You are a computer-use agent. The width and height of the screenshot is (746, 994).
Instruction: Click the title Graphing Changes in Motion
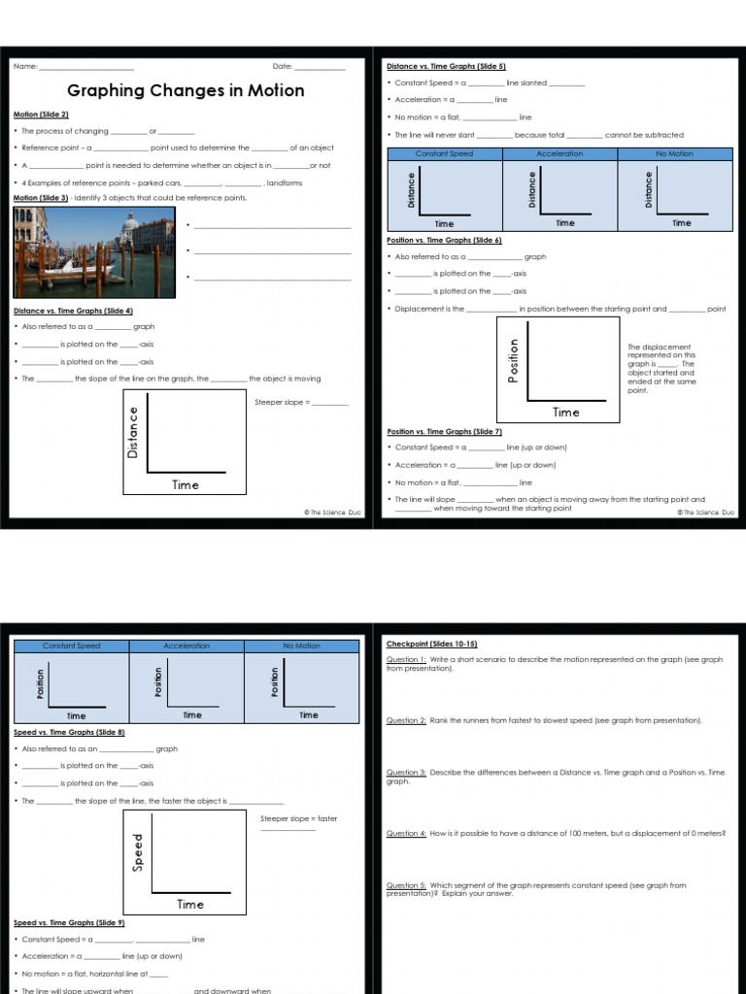tap(186, 90)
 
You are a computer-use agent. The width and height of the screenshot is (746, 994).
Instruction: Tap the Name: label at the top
tap(25, 67)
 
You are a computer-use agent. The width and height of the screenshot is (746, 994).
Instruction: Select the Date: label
tap(283, 67)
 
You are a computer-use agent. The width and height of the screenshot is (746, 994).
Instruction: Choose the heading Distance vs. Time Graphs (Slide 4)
tap(73, 311)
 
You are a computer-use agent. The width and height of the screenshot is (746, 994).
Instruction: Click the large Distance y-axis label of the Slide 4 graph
tap(133, 432)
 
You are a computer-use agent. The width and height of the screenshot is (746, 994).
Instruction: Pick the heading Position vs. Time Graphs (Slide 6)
tap(444, 240)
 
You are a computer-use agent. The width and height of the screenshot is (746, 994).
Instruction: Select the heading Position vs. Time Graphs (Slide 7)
tap(444, 431)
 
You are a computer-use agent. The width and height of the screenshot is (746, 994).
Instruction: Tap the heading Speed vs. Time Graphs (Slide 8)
tap(69, 732)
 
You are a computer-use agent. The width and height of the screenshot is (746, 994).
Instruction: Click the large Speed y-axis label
tap(138, 851)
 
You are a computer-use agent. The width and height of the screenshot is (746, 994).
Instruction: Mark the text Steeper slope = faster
tap(299, 818)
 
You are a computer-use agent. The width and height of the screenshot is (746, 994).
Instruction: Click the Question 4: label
tap(406, 834)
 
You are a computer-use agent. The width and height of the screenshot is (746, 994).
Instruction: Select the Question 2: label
tap(406, 721)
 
